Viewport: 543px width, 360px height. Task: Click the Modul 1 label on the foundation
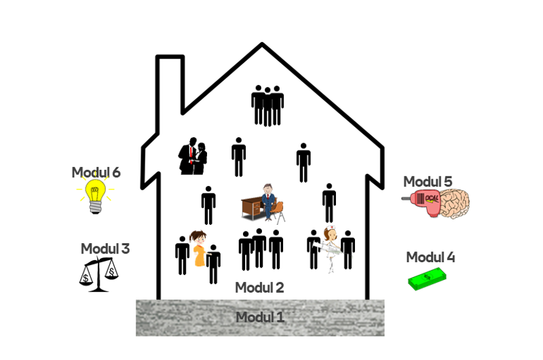[x=260, y=317]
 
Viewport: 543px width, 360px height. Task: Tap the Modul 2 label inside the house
[x=259, y=287]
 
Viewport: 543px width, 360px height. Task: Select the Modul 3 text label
[x=105, y=249]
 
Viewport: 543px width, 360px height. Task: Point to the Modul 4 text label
[x=430, y=257]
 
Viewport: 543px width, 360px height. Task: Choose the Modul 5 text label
[x=428, y=181]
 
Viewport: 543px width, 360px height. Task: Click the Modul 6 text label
[x=96, y=173]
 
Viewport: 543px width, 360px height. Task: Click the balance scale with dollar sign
[x=98, y=274]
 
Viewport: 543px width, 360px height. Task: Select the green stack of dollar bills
[x=427, y=280]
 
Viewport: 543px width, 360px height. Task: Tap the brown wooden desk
[x=252, y=208]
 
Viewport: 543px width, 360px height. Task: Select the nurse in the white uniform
[x=330, y=249]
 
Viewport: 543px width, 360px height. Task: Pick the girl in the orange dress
[x=199, y=249]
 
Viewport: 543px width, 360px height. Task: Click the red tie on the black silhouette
[x=191, y=155]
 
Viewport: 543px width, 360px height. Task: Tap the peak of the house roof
[x=262, y=43]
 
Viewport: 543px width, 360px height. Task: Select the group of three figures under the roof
[x=267, y=105]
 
